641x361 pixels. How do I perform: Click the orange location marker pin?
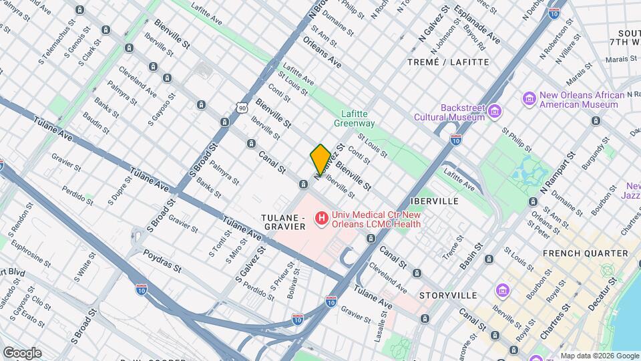(x=320, y=159)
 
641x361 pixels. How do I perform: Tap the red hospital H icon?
(x=321, y=218)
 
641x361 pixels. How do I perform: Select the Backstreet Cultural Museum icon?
(x=494, y=110)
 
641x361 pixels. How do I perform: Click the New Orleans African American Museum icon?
(x=529, y=99)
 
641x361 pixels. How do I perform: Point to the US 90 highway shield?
(x=241, y=106)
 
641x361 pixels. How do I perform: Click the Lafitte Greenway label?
(x=357, y=118)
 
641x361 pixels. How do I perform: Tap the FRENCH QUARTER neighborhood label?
(x=585, y=253)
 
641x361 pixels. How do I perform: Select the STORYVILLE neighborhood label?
(x=448, y=295)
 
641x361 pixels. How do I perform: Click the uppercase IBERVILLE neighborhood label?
(x=434, y=201)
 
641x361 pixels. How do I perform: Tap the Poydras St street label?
(x=162, y=261)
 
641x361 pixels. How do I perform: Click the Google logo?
(x=22, y=352)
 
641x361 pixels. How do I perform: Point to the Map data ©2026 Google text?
(x=599, y=356)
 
